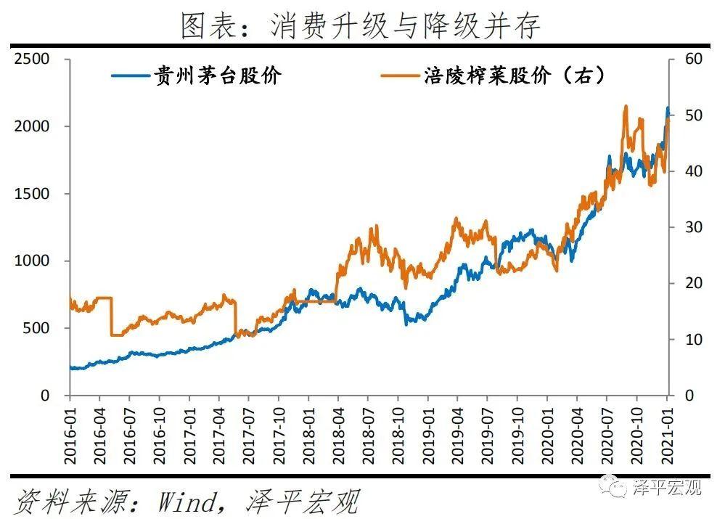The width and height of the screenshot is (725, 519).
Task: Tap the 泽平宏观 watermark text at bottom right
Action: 668,487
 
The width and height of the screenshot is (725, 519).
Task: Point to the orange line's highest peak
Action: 626,106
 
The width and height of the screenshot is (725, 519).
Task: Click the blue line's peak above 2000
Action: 668,108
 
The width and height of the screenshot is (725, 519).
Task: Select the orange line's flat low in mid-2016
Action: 116,335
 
